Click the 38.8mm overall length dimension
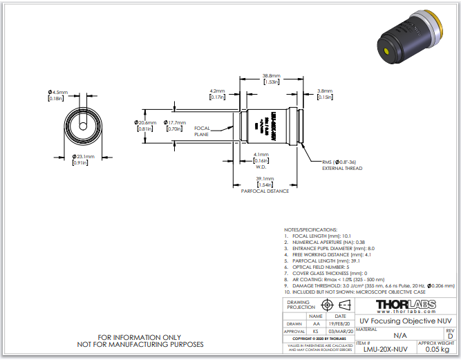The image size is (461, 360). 270,75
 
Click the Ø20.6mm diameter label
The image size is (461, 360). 146,123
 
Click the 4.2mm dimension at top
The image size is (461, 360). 217,91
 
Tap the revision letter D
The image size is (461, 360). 451,336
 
